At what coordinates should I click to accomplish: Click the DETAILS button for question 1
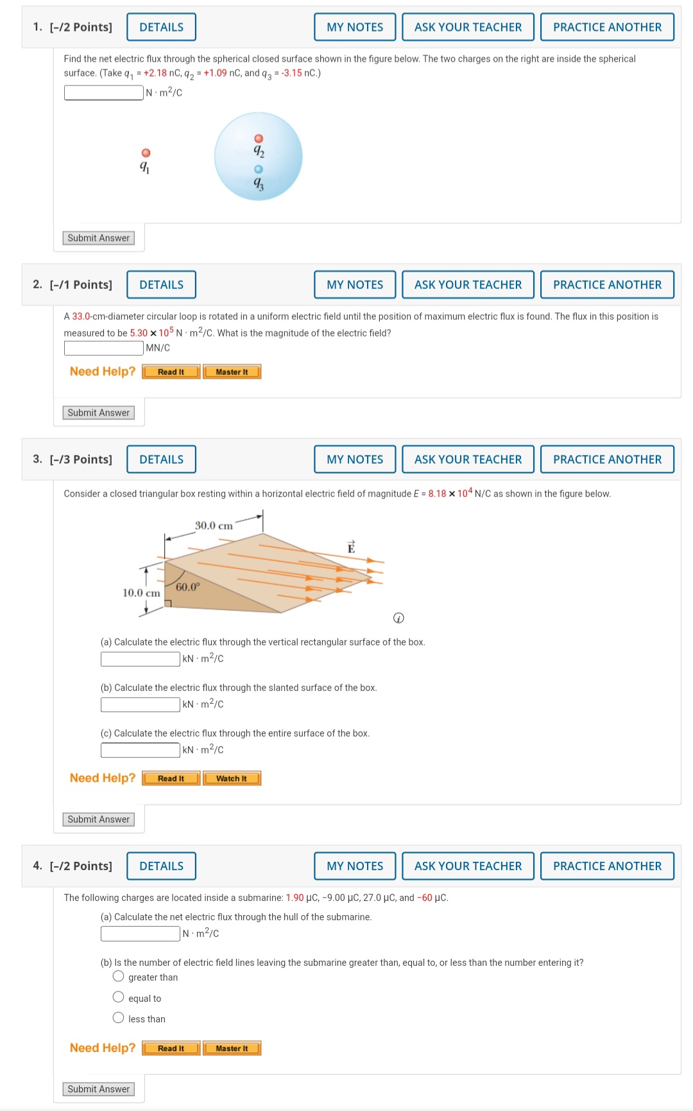pos(161,27)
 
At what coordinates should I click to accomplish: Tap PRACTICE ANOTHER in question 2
pos(606,284)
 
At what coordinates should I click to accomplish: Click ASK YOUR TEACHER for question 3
pos(468,459)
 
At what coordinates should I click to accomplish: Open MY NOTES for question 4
pos(355,866)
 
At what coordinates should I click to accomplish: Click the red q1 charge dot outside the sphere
pos(146,153)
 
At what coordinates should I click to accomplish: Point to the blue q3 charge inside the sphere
pos(259,169)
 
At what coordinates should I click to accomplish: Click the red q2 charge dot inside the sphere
pos(259,139)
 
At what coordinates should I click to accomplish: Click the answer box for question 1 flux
pos(103,92)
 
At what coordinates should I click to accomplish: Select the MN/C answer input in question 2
pos(103,348)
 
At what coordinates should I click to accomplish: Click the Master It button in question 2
pos(232,372)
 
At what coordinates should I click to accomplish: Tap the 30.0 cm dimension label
pos(214,525)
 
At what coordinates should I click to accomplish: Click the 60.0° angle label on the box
pos(188,587)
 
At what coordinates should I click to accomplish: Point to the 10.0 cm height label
pos(141,593)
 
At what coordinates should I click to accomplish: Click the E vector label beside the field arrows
pos(351,547)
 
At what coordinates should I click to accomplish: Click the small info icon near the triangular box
pos(398,618)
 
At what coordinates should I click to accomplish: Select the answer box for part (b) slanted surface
pos(140,704)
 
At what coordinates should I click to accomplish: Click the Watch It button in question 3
pos(232,778)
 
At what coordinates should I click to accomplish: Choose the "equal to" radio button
pos(118,997)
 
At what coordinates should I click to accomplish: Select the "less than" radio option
pos(118,1018)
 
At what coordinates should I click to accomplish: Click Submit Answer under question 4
pos(99,1089)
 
